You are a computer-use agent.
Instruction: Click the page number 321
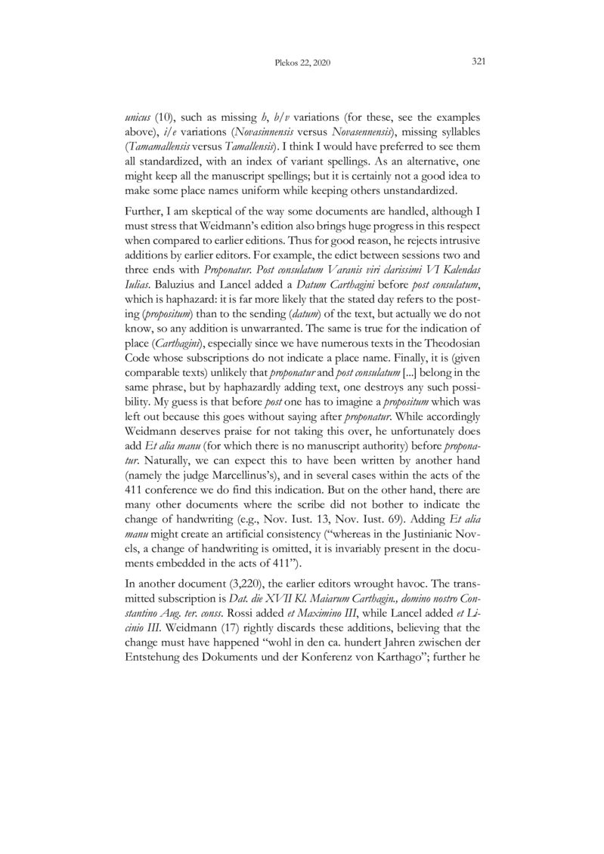(x=478, y=62)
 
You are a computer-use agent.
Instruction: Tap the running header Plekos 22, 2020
(x=302, y=63)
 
